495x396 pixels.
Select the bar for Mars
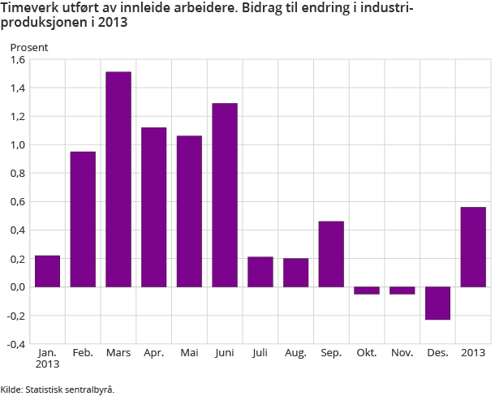[118, 179]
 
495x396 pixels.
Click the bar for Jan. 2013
[48, 271]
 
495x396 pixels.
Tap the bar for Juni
[225, 195]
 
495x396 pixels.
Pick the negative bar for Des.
[437, 303]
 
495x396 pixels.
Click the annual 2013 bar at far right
[473, 247]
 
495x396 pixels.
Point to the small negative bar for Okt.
[367, 290]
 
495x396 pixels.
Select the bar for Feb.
[84, 219]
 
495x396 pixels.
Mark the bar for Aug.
[295, 273]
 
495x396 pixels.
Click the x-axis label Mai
[189, 354]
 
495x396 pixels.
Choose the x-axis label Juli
[260, 354]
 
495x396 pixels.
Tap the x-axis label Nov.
[402, 354]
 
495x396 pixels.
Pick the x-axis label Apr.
[153, 354]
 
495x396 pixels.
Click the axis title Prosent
[29, 47]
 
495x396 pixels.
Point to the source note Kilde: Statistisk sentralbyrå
[58, 389]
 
